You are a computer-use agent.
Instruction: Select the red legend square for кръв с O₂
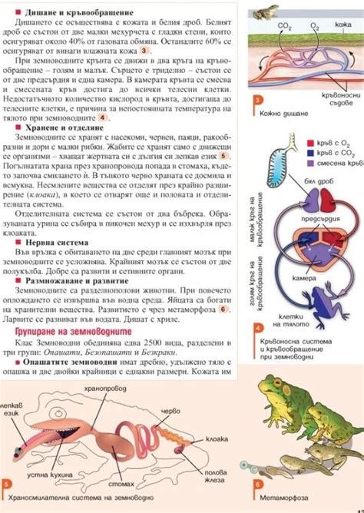[x=309, y=143]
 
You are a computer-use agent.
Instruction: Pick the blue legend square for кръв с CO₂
[x=309, y=153]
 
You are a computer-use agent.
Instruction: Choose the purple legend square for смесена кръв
[x=309, y=163]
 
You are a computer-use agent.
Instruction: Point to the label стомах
[x=123, y=485]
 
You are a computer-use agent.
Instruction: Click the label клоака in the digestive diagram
[x=217, y=440]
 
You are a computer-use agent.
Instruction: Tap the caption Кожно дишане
[x=284, y=113]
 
